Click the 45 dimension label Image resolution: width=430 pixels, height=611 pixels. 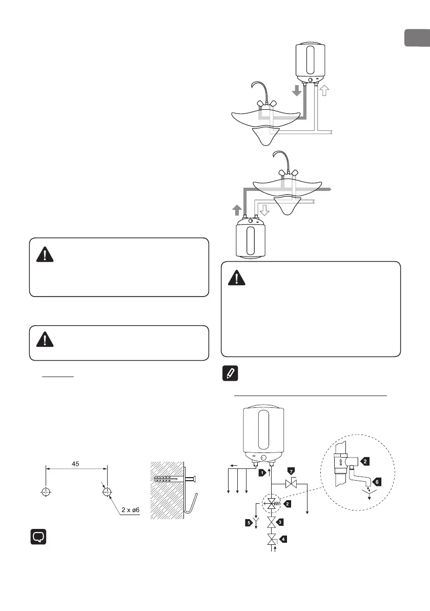[76, 463]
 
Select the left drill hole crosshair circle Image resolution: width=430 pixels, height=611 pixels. [46, 492]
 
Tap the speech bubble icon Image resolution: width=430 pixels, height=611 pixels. [38, 537]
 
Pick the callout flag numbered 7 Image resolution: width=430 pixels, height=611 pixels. [292, 470]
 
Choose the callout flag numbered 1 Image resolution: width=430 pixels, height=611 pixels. [263, 472]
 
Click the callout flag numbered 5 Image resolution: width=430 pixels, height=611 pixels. [248, 523]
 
